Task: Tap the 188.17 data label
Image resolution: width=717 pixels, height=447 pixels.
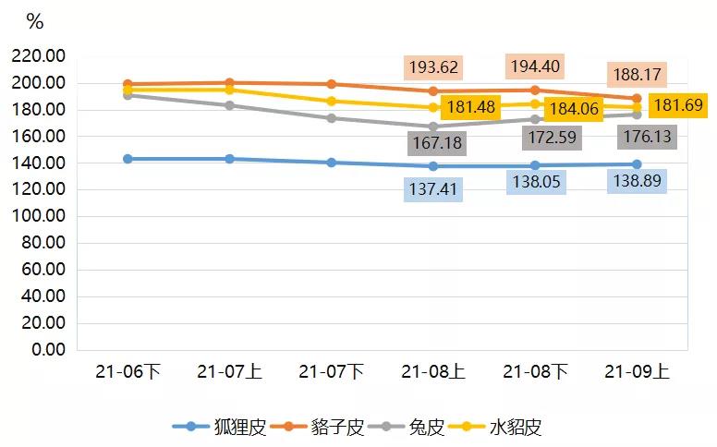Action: tap(636, 74)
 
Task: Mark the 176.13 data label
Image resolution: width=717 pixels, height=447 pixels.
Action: tap(648, 137)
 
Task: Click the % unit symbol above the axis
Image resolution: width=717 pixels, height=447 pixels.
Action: tap(35, 21)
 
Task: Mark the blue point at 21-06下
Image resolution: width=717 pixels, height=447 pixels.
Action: tap(128, 159)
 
